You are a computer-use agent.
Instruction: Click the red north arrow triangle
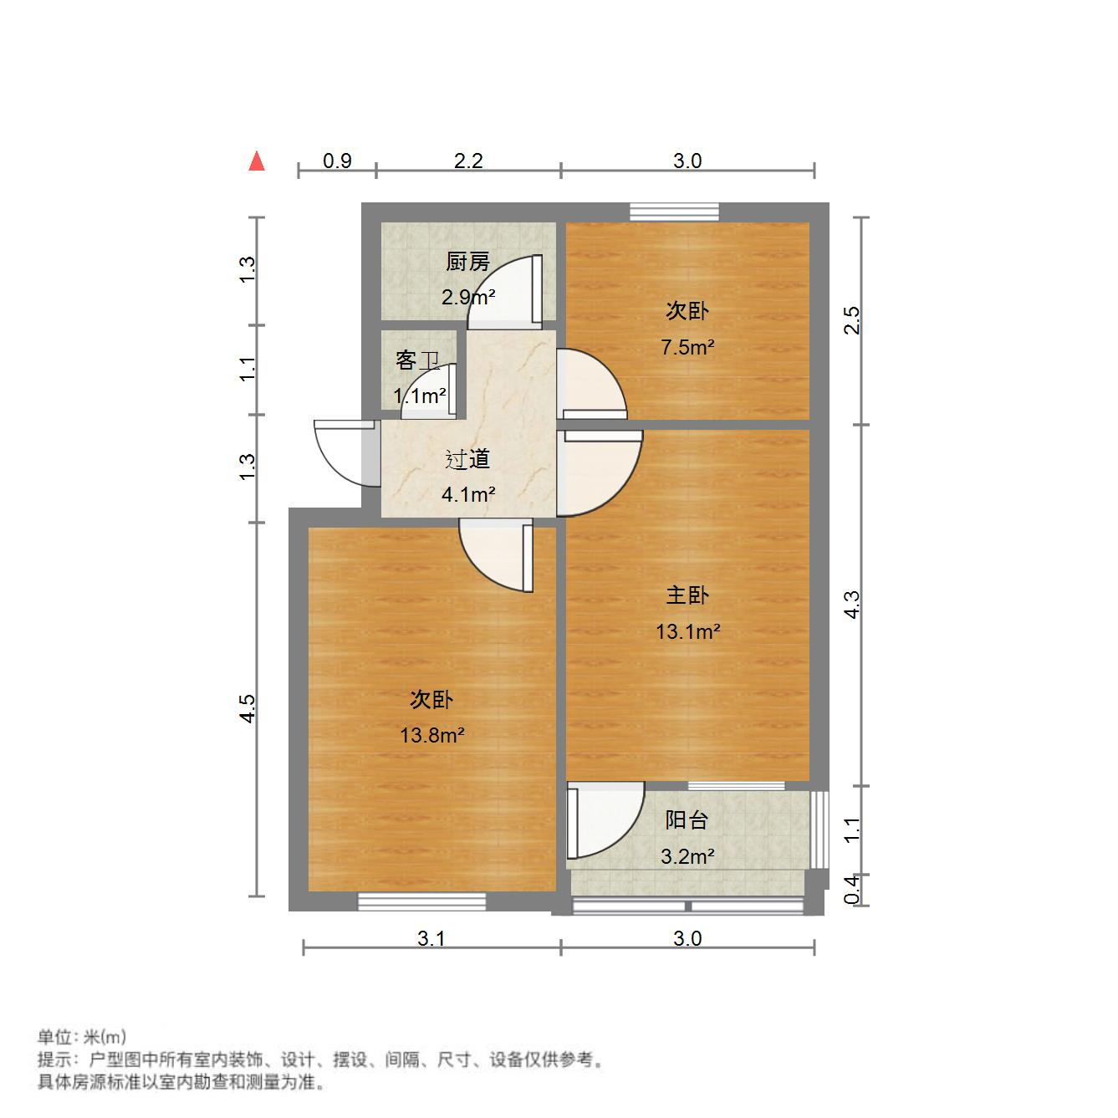[x=257, y=161]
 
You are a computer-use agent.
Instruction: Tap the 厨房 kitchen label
[x=467, y=262]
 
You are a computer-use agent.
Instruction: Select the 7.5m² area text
[x=687, y=347]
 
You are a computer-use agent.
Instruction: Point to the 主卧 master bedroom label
[x=687, y=595]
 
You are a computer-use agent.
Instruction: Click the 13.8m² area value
[x=431, y=736]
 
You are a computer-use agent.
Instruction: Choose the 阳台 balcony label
[x=687, y=820]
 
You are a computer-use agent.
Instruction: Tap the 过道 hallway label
[x=467, y=459]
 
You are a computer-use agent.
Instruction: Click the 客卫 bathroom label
[x=417, y=360]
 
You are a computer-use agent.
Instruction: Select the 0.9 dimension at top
[x=337, y=161]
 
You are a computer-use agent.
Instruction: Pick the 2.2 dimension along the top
[x=468, y=161]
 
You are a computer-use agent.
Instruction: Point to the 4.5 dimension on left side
[x=248, y=709]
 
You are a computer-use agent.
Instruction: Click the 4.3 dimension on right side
[x=852, y=605]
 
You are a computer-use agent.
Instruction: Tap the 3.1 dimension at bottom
[x=431, y=939]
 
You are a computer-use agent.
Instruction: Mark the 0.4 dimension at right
[x=852, y=889]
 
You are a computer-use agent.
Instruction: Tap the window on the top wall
[x=674, y=212]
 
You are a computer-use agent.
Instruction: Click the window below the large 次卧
[x=422, y=901]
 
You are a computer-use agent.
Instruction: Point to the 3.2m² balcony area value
[x=687, y=857]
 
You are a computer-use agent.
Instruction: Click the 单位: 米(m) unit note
[x=82, y=1038]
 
